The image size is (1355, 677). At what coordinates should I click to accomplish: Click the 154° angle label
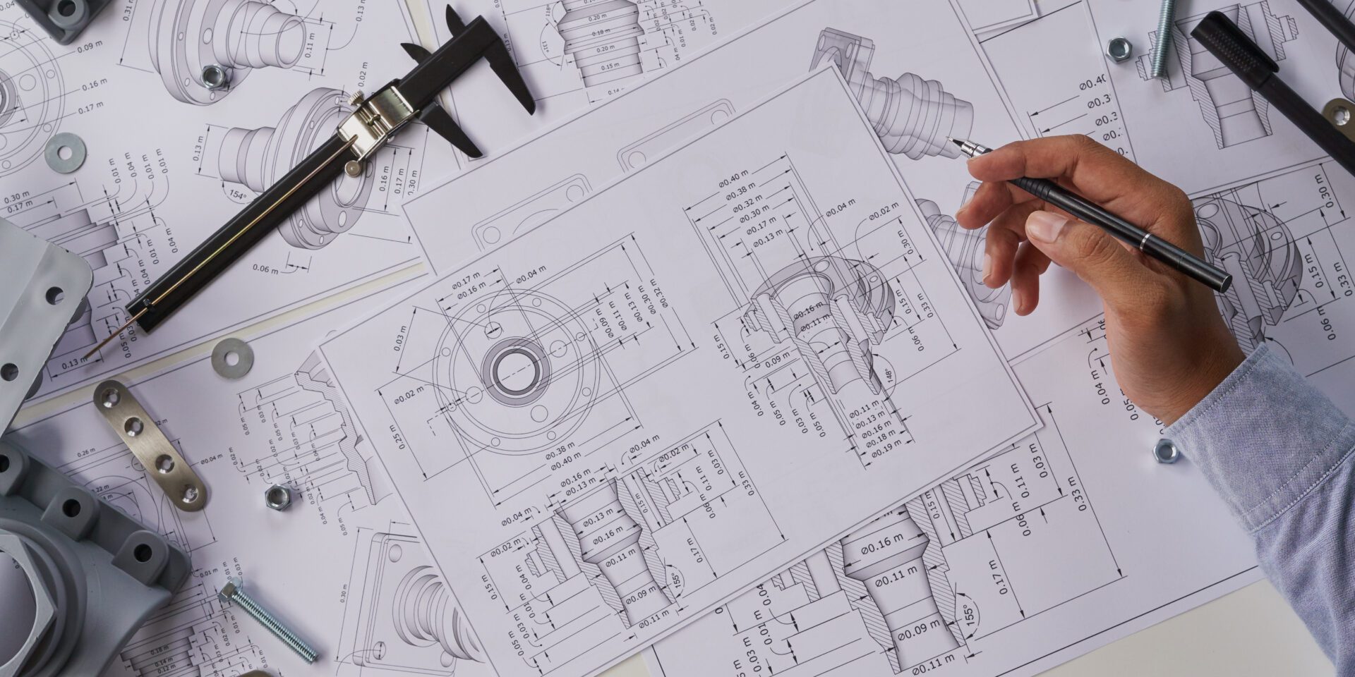(x=236, y=194)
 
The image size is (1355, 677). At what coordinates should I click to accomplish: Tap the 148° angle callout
(x=889, y=376)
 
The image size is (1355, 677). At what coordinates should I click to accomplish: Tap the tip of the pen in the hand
(x=951, y=140)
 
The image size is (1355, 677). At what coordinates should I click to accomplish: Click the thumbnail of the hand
(x=1047, y=228)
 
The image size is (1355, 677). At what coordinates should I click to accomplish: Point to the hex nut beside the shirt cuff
(x=1165, y=451)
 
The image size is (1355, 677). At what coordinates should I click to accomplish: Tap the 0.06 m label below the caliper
(x=267, y=269)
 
